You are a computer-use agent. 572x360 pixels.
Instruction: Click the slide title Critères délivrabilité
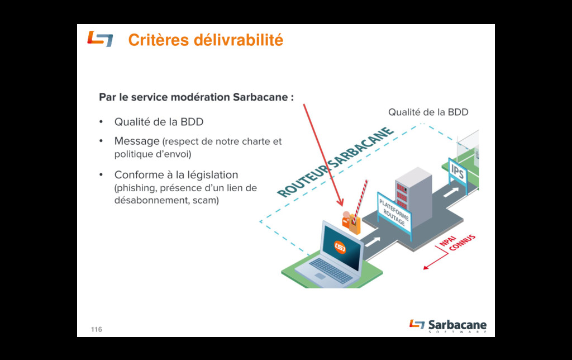(206, 40)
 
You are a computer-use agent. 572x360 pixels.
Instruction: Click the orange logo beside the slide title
(100, 39)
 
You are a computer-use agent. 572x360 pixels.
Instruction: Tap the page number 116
(97, 330)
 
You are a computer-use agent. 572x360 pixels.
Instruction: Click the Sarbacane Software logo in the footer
(448, 326)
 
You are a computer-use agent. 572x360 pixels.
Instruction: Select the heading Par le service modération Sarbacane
(196, 97)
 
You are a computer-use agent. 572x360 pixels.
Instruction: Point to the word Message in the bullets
(137, 141)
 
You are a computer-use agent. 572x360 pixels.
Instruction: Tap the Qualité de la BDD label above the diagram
(428, 112)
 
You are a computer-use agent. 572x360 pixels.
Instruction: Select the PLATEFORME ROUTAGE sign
(394, 214)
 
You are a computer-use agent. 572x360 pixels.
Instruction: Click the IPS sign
(457, 172)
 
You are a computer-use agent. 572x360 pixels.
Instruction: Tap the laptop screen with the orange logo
(340, 247)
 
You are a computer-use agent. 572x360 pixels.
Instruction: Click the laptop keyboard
(331, 270)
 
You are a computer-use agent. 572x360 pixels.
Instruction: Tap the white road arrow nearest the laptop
(373, 241)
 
